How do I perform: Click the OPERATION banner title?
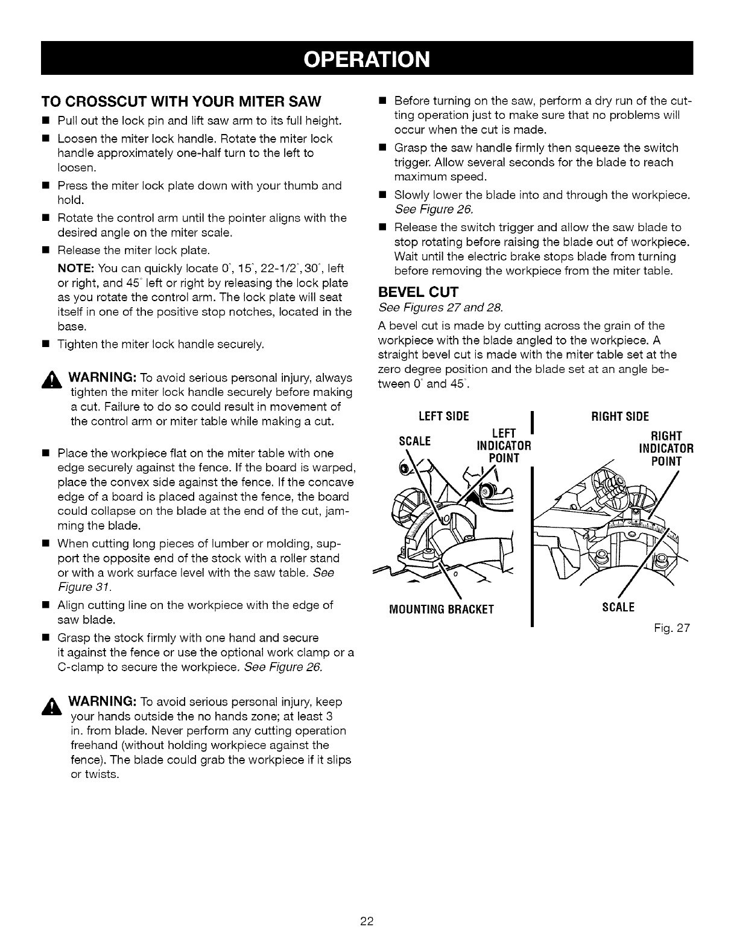coord(367,59)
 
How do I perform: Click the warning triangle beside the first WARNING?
coord(50,378)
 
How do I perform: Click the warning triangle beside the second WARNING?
coord(50,703)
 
